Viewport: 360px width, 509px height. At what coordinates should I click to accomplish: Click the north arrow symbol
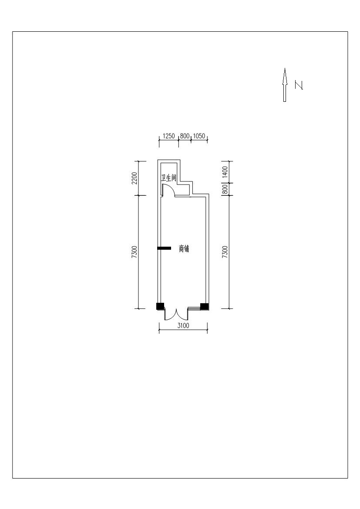point(285,85)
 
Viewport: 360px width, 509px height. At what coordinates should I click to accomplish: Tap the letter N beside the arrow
point(299,85)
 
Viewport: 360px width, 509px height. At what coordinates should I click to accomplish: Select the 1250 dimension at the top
point(168,136)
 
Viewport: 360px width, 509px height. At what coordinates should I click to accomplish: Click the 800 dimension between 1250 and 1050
point(185,136)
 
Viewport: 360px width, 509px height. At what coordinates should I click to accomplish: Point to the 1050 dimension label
point(199,136)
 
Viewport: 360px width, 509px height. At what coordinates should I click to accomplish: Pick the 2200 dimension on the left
point(135,178)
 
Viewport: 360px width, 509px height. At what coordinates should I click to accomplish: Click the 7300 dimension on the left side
point(135,252)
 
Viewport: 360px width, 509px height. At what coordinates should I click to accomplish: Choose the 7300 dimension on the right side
point(225,252)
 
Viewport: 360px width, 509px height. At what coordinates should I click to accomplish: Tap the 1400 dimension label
point(225,172)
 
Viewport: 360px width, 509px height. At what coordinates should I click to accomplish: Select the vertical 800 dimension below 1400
point(225,189)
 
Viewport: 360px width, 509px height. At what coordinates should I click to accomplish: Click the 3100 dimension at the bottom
point(183,325)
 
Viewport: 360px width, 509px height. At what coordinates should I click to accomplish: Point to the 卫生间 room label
point(168,178)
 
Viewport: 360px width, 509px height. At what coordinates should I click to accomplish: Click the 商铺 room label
point(184,249)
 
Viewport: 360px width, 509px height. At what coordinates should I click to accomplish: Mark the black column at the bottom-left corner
point(160,306)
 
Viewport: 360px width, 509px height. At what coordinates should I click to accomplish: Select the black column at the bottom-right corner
point(204,306)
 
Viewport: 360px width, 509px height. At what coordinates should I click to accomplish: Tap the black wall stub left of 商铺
point(164,248)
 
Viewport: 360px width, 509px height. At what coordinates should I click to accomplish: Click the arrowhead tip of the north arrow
point(285,68)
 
